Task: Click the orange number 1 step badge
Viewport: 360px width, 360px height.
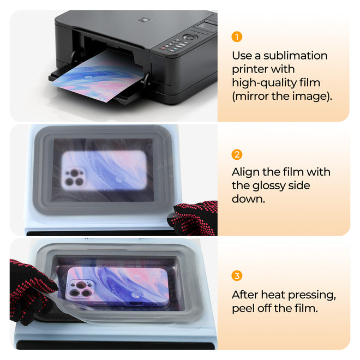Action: pyautogui.click(x=237, y=37)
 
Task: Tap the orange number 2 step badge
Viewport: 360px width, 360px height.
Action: pyautogui.click(x=237, y=154)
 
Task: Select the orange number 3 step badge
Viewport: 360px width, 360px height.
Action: pyautogui.click(x=237, y=275)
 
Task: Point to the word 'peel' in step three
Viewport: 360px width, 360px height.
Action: pyautogui.click(x=245, y=309)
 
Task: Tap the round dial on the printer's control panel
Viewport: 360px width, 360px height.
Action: pyautogui.click(x=189, y=38)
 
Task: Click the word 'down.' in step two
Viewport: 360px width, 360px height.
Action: pyautogui.click(x=249, y=199)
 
